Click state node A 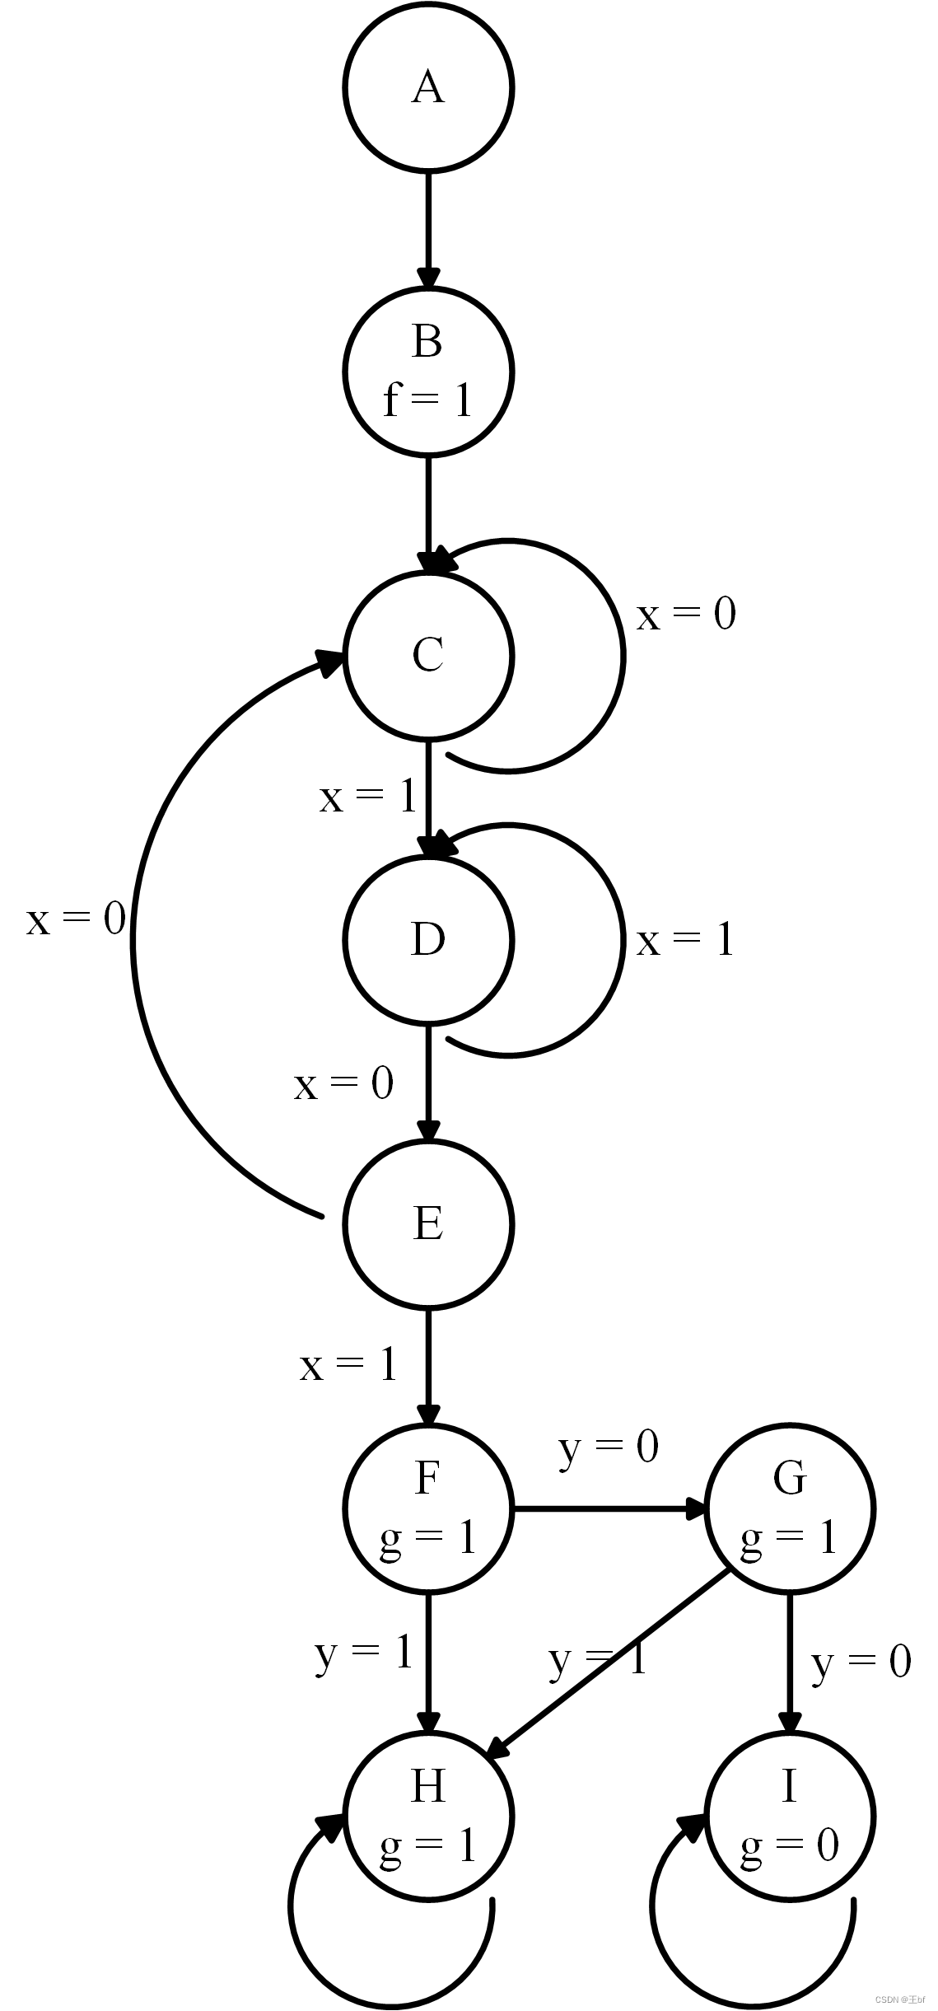[428, 87]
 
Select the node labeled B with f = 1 [428, 372]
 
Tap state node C [428, 656]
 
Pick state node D [428, 940]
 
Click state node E [428, 1224]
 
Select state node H [428, 1817]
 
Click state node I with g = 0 [790, 1817]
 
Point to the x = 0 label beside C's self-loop [686, 615]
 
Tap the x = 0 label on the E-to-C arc [76, 919]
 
